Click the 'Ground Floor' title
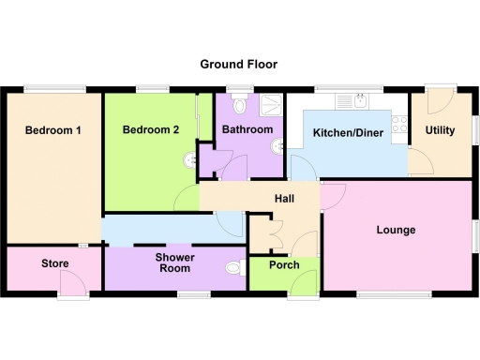point(238,65)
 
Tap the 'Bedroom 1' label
point(52,130)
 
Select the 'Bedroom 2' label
point(150,130)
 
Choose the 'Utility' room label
point(440,130)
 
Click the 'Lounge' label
point(396,230)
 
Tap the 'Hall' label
point(285,199)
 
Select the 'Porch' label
point(284,265)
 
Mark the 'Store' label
point(54,264)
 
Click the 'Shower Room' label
point(174,262)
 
